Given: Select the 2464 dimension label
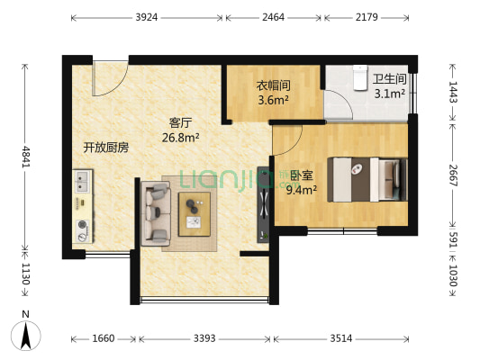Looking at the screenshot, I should pyautogui.click(x=274, y=17).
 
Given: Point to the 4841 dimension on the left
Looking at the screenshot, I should pyautogui.click(x=26, y=151).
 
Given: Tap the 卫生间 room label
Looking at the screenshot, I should pyautogui.click(x=389, y=78).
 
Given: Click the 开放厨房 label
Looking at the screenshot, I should pyautogui.click(x=106, y=148).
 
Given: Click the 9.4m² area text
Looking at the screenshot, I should pyautogui.click(x=301, y=189).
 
